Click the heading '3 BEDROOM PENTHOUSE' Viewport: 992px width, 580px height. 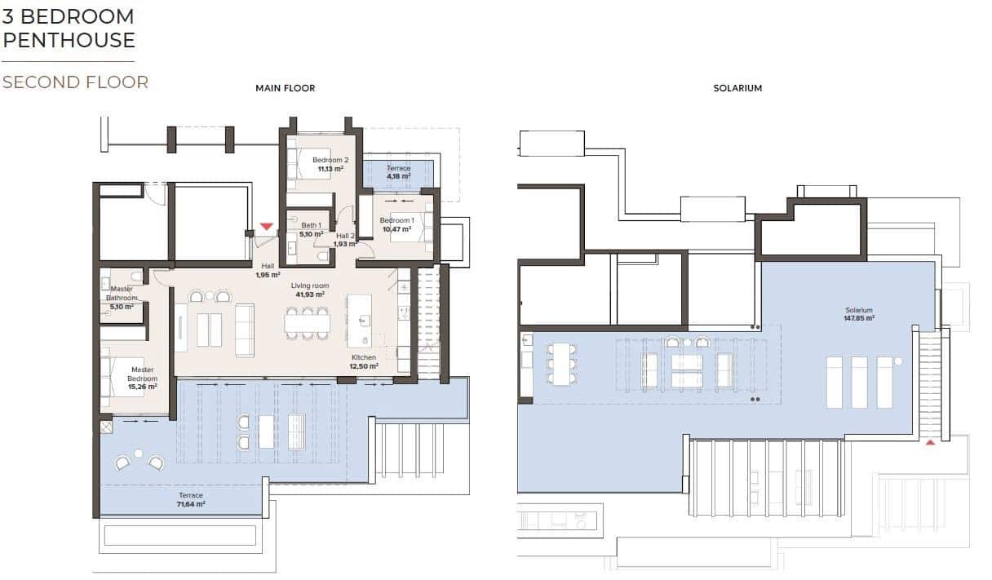coord(69,28)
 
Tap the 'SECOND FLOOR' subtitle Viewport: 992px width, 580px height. coord(75,82)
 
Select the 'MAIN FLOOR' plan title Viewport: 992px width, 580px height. coord(285,88)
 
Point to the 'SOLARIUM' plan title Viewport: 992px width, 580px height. coord(737,88)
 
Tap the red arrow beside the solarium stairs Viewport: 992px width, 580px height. coord(929,443)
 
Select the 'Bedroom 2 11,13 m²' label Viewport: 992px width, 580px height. coord(330,164)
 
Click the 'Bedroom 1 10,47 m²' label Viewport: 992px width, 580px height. coord(396,224)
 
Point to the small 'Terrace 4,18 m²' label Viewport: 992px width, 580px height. coord(398,172)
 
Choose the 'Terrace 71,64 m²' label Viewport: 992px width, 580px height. coord(191,500)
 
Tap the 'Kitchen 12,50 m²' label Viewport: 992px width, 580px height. coord(364,362)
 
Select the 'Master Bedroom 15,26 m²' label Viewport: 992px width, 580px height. coord(143,379)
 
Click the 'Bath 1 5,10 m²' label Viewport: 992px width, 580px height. coord(311,229)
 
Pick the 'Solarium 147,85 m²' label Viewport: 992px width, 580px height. coord(859,314)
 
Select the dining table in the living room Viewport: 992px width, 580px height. coord(306,323)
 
